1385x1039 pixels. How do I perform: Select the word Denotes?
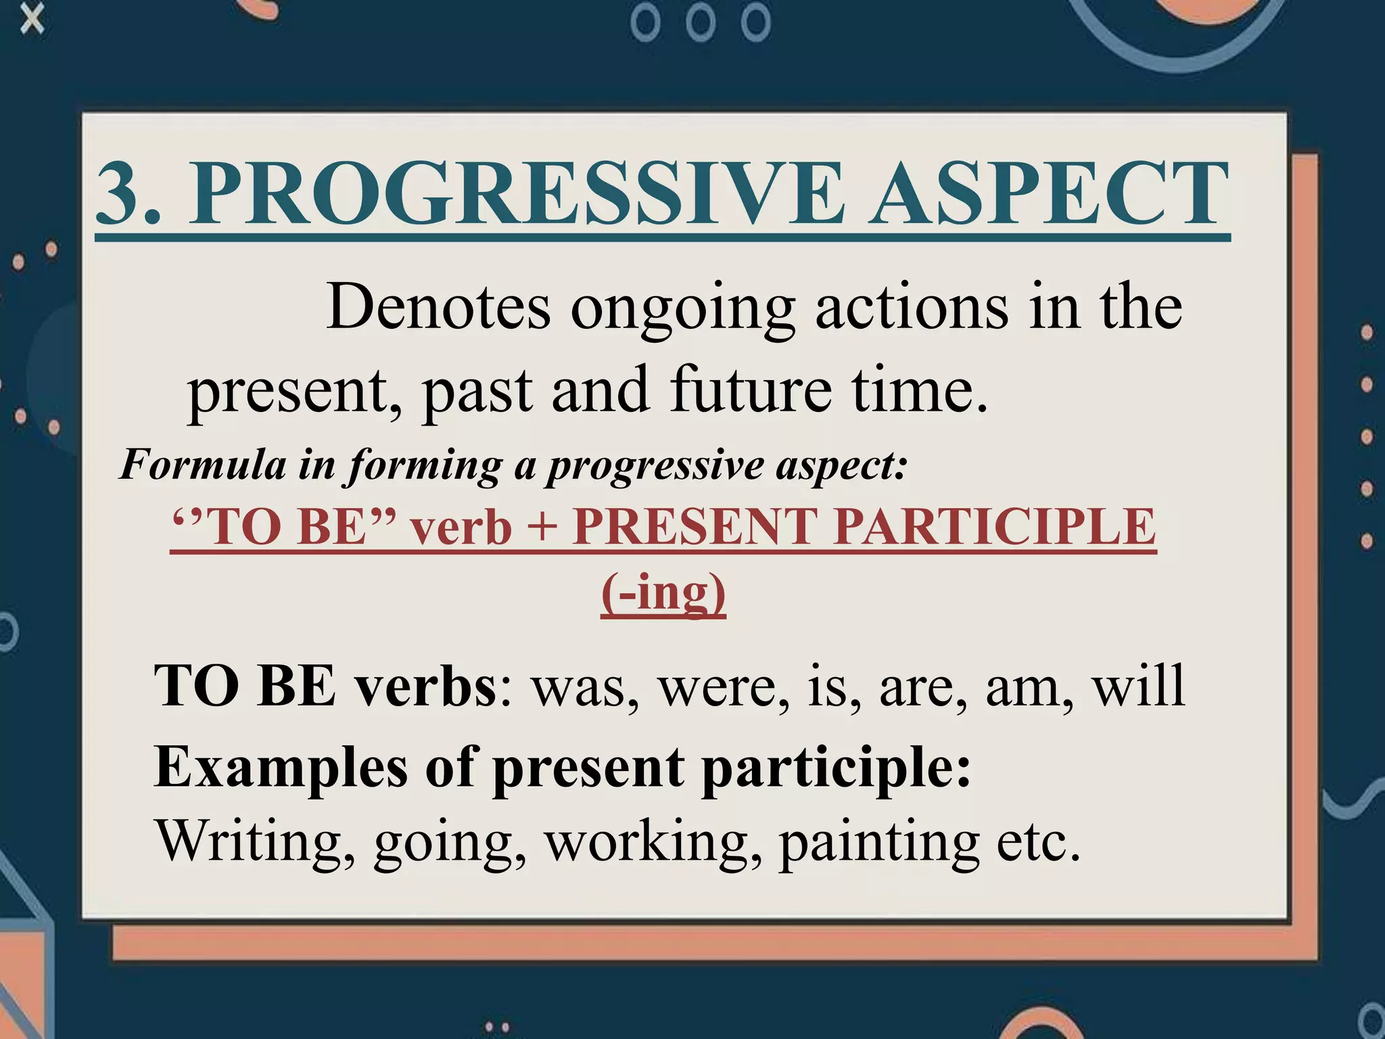pyautogui.click(x=438, y=308)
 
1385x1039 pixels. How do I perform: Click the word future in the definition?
pyautogui.click(x=751, y=390)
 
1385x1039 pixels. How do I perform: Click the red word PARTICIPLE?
pyautogui.click(x=994, y=526)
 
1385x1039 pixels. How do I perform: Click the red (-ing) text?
pyautogui.click(x=663, y=593)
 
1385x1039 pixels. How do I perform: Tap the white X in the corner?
pyautogui.click(x=32, y=20)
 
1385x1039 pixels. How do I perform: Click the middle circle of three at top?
pyautogui.click(x=701, y=24)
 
